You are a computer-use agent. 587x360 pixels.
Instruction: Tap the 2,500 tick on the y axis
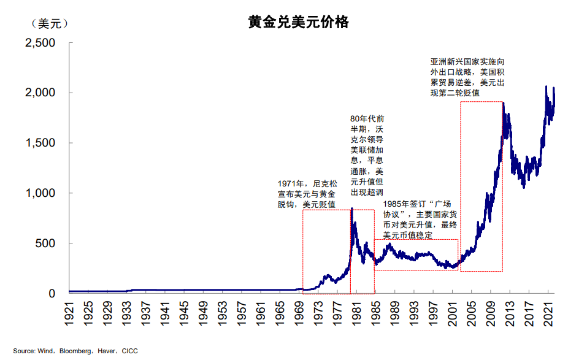(x=40, y=43)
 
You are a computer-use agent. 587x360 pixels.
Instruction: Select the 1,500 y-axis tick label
(x=40, y=143)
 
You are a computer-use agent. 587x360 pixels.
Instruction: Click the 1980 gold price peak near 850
(x=351, y=209)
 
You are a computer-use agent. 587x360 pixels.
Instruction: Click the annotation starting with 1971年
(x=307, y=194)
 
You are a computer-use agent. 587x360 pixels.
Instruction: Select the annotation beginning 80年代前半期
(x=367, y=155)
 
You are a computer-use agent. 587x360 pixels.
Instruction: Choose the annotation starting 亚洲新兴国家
(x=467, y=77)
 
